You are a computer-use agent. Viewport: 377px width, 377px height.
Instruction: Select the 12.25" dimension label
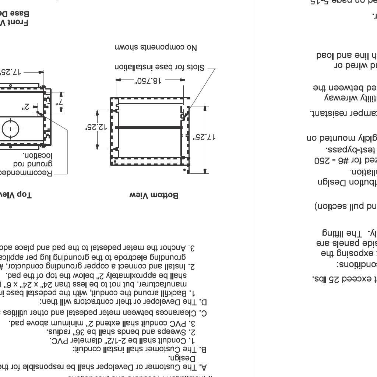pyautogui.click(x=95, y=127)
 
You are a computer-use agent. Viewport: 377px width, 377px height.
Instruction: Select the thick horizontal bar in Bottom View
pyautogui.click(x=149, y=127)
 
